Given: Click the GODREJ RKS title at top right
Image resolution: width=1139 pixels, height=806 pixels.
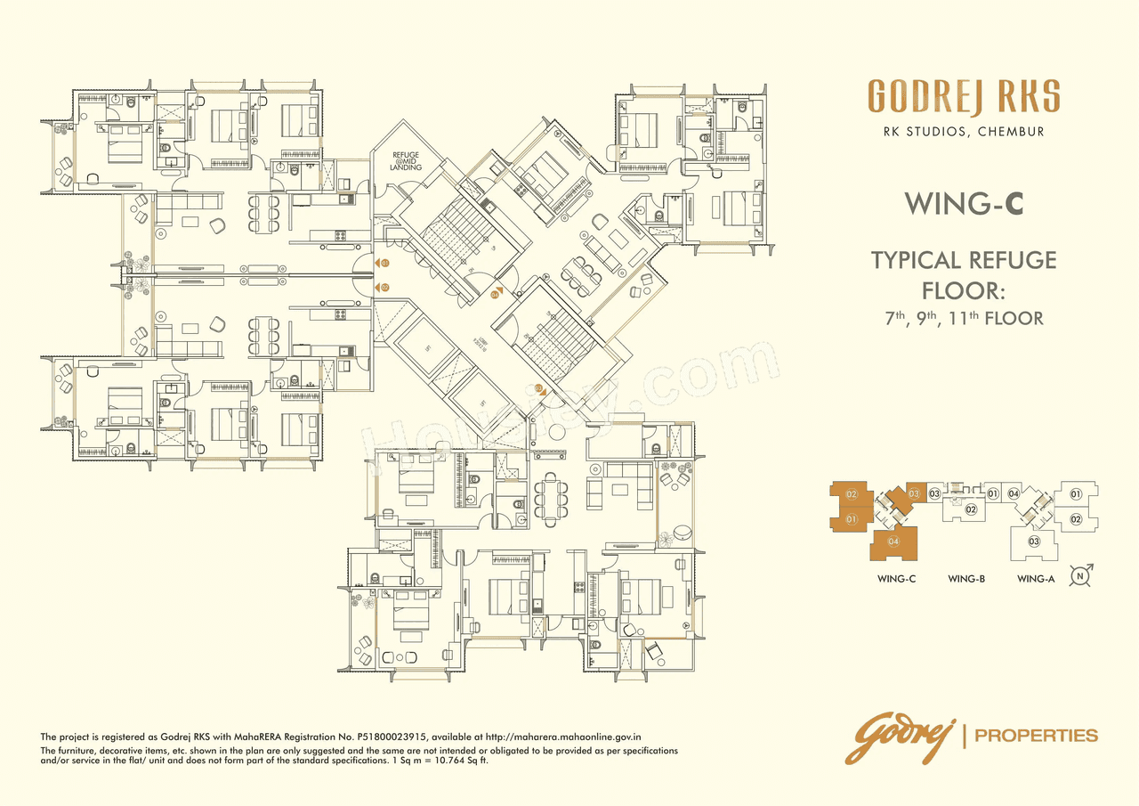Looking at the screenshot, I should pos(964,97).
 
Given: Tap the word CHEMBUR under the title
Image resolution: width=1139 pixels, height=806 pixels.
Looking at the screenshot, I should pos(1011,132).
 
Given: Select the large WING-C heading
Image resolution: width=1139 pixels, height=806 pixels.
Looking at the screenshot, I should pos(964,204).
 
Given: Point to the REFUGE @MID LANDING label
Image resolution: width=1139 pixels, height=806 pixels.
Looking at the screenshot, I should pos(405,162).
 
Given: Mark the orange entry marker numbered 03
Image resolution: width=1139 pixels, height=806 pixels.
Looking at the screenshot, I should pos(540,388).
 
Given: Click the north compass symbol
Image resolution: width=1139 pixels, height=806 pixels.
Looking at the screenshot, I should pos(1081,574).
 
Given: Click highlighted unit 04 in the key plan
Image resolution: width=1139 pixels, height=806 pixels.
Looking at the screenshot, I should pos(893,541).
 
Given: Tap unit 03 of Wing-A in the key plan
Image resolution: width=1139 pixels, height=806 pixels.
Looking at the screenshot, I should pos(1034,541).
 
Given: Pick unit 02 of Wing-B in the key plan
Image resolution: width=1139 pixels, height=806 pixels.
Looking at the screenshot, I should pos(972,509).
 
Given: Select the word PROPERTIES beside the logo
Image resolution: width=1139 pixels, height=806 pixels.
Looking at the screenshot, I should pos(1037,736).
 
